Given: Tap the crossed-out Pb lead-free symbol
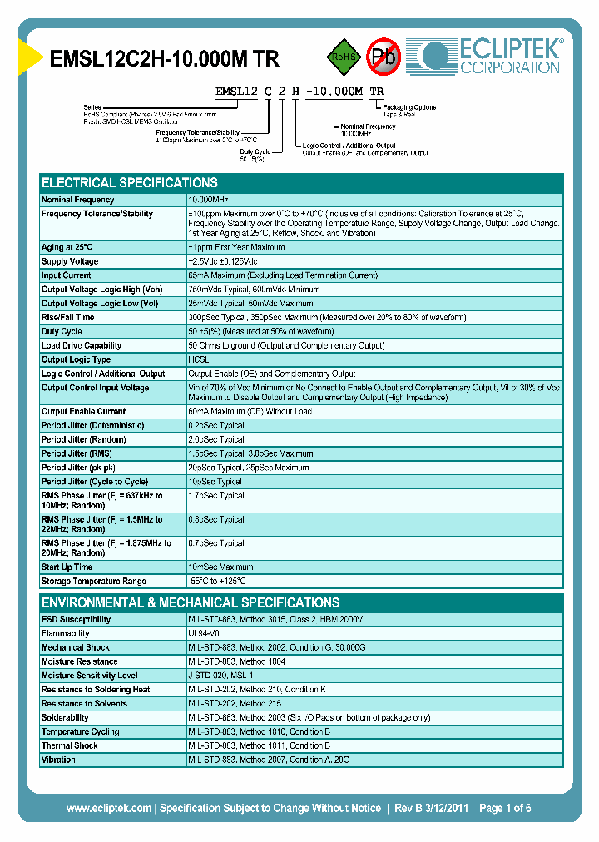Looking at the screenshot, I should tap(385, 57).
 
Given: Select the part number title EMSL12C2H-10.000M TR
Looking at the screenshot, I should tap(165, 58).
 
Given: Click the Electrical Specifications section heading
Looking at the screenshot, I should tap(130, 182).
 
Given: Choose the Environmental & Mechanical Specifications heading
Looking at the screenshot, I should tap(191, 602).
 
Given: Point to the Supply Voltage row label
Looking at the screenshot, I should tap(70, 261).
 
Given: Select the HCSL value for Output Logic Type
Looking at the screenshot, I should tap(198, 359).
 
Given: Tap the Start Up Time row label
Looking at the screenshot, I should tap(67, 567).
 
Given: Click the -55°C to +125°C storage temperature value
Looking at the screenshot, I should tap(217, 582).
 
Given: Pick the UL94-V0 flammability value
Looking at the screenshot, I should tap(205, 633).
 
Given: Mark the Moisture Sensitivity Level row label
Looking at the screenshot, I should tap(89, 676).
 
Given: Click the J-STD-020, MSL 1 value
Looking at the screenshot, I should tap(220, 676).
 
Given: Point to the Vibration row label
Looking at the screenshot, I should tap(58, 760).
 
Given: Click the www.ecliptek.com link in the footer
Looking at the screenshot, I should tap(109, 809).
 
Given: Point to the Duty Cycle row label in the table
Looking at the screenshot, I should tap(62, 331).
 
